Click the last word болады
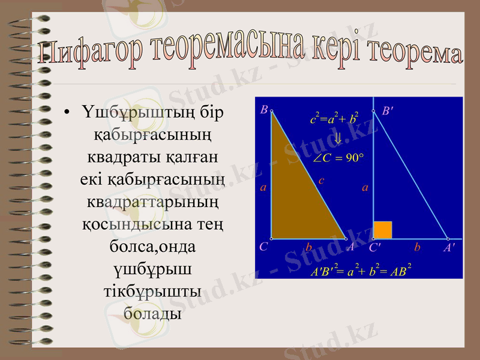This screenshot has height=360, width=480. tap(152, 313)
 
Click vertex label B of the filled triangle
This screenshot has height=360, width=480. tap(263, 110)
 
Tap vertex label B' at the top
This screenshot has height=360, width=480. tap(388, 111)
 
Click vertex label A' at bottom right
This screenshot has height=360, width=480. tap(449, 247)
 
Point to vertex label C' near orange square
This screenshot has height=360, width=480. tap(376, 247)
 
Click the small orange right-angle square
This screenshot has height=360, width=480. tap(383, 229)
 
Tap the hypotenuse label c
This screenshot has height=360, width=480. tap(322, 179)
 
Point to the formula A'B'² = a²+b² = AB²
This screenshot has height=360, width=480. tap(360, 271)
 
